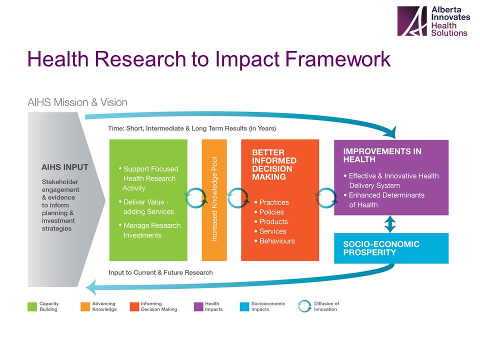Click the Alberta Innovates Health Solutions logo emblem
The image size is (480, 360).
pyautogui.click(x=411, y=21)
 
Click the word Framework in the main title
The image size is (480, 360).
pyautogui.click(x=337, y=58)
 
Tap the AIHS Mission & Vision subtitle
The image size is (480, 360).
pyautogui.click(x=77, y=102)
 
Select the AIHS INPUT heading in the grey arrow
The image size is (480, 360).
pyautogui.click(x=65, y=167)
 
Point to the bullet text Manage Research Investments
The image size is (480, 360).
pyautogui.click(x=150, y=230)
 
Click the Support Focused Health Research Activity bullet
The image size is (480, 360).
pyautogui.click(x=149, y=178)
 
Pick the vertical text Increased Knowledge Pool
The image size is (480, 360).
pyautogui.click(x=214, y=199)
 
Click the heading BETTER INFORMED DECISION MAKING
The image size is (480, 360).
pyautogui.click(x=274, y=164)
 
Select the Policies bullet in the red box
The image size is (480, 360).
pyautogui.click(x=269, y=212)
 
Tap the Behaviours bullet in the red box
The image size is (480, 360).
pyautogui.click(x=274, y=241)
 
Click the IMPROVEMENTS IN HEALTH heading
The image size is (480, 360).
pyautogui.click(x=382, y=155)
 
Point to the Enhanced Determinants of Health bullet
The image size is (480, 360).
pyautogui.click(x=384, y=200)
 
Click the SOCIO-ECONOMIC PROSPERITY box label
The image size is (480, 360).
pyautogui.click(x=381, y=248)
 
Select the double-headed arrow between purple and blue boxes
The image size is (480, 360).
pyautogui.click(x=390, y=224)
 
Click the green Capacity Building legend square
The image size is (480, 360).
pyautogui.click(x=32, y=306)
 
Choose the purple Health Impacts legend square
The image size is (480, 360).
pyautogui.click(x=198, y=306)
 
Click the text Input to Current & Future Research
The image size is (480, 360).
pyautogui.click(x=160, y=272)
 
